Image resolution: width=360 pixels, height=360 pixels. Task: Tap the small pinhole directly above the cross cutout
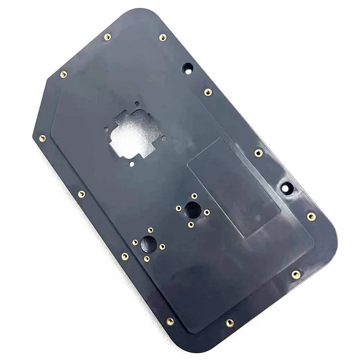point(136,104)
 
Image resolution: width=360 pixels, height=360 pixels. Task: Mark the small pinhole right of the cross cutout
point(164,138)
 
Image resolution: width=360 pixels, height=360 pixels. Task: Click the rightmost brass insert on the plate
point(311,216)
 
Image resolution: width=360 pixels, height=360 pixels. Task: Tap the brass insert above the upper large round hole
point(194,196)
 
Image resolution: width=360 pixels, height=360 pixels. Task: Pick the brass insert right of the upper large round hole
point(207,212)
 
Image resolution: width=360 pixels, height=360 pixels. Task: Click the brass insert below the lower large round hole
point(147,259)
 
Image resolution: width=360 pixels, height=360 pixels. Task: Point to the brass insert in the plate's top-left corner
point(107,37)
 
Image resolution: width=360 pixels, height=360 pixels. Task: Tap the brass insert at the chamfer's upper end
point(63,75)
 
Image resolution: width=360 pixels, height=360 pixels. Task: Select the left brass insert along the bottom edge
point(170,321)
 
